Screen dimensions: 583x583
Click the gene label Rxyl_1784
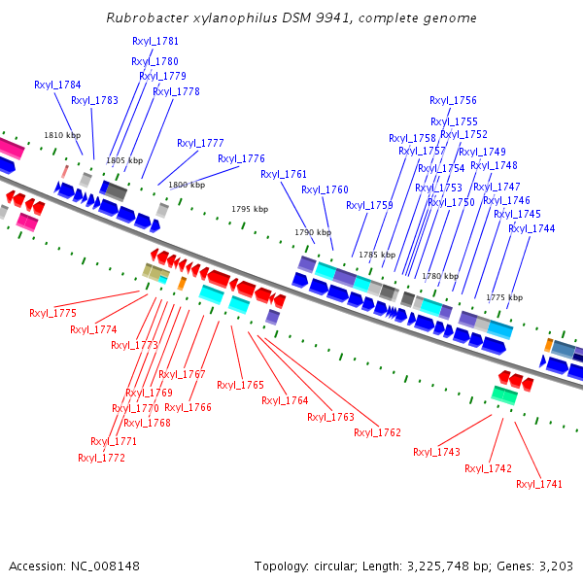[57, 86]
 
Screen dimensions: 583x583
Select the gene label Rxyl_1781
[155, 41]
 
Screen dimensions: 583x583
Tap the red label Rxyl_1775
[52, 313]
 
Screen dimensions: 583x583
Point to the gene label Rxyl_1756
[453, 100]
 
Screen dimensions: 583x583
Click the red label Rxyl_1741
[539, 484]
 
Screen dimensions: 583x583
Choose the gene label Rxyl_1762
[377, 432]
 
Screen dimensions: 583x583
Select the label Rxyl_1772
[101, 458]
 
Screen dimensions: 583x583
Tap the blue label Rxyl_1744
[532, 228]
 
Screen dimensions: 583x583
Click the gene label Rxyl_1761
[284, 175]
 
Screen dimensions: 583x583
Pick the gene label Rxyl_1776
[241, 158]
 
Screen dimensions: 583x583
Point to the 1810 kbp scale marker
[60, 136]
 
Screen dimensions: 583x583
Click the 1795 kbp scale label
[249, 209]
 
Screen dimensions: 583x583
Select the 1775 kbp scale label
[504, 297]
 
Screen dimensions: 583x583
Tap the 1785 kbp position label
[377, 255]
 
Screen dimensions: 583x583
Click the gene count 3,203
[555, 566]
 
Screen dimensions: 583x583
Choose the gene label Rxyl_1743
[436, 452]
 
